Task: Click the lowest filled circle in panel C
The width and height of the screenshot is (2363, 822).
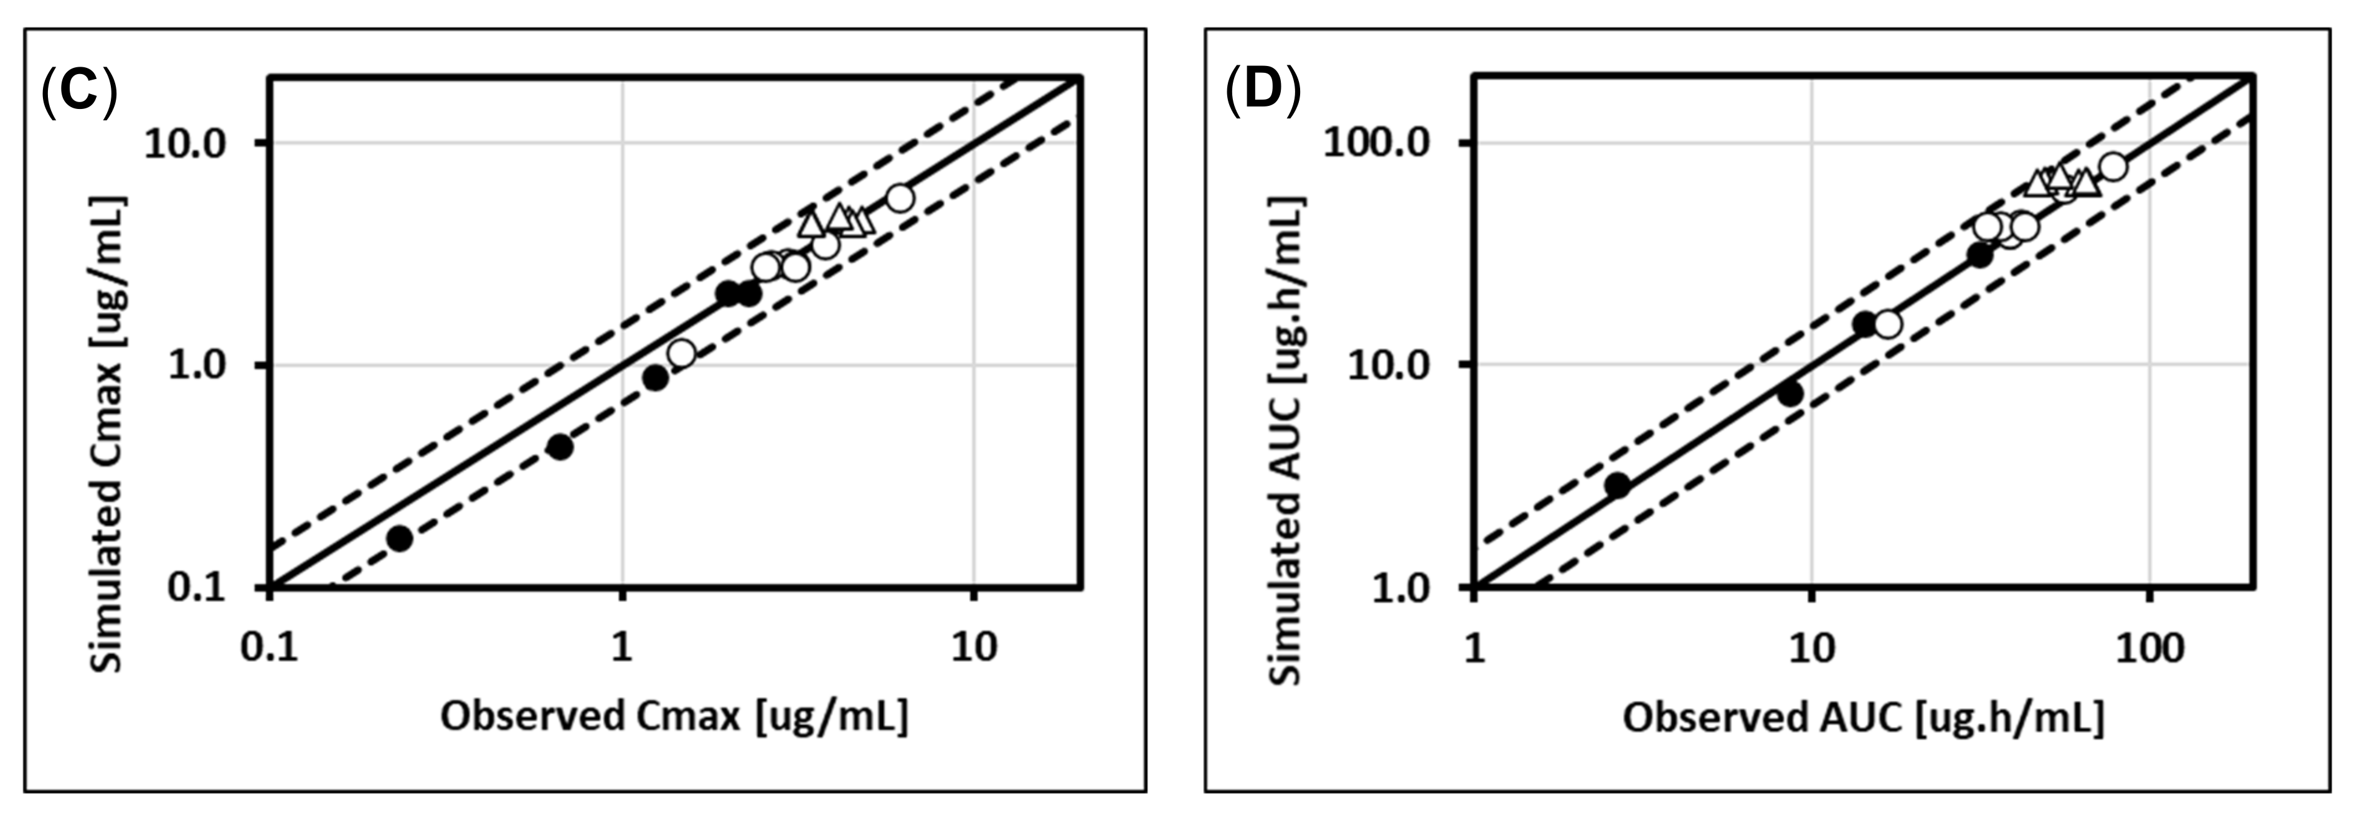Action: [x=399, y=539]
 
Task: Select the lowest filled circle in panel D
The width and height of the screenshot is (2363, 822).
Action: [x=1617, y=485]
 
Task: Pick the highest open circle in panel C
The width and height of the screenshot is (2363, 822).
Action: [x=900, y=198]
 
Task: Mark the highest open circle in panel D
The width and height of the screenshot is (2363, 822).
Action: [x=2113, y=167]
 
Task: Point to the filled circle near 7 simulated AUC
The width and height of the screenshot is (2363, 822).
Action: [x=1790, y=394]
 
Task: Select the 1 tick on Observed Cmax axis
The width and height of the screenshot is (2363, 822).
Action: [x=622, y=648]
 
